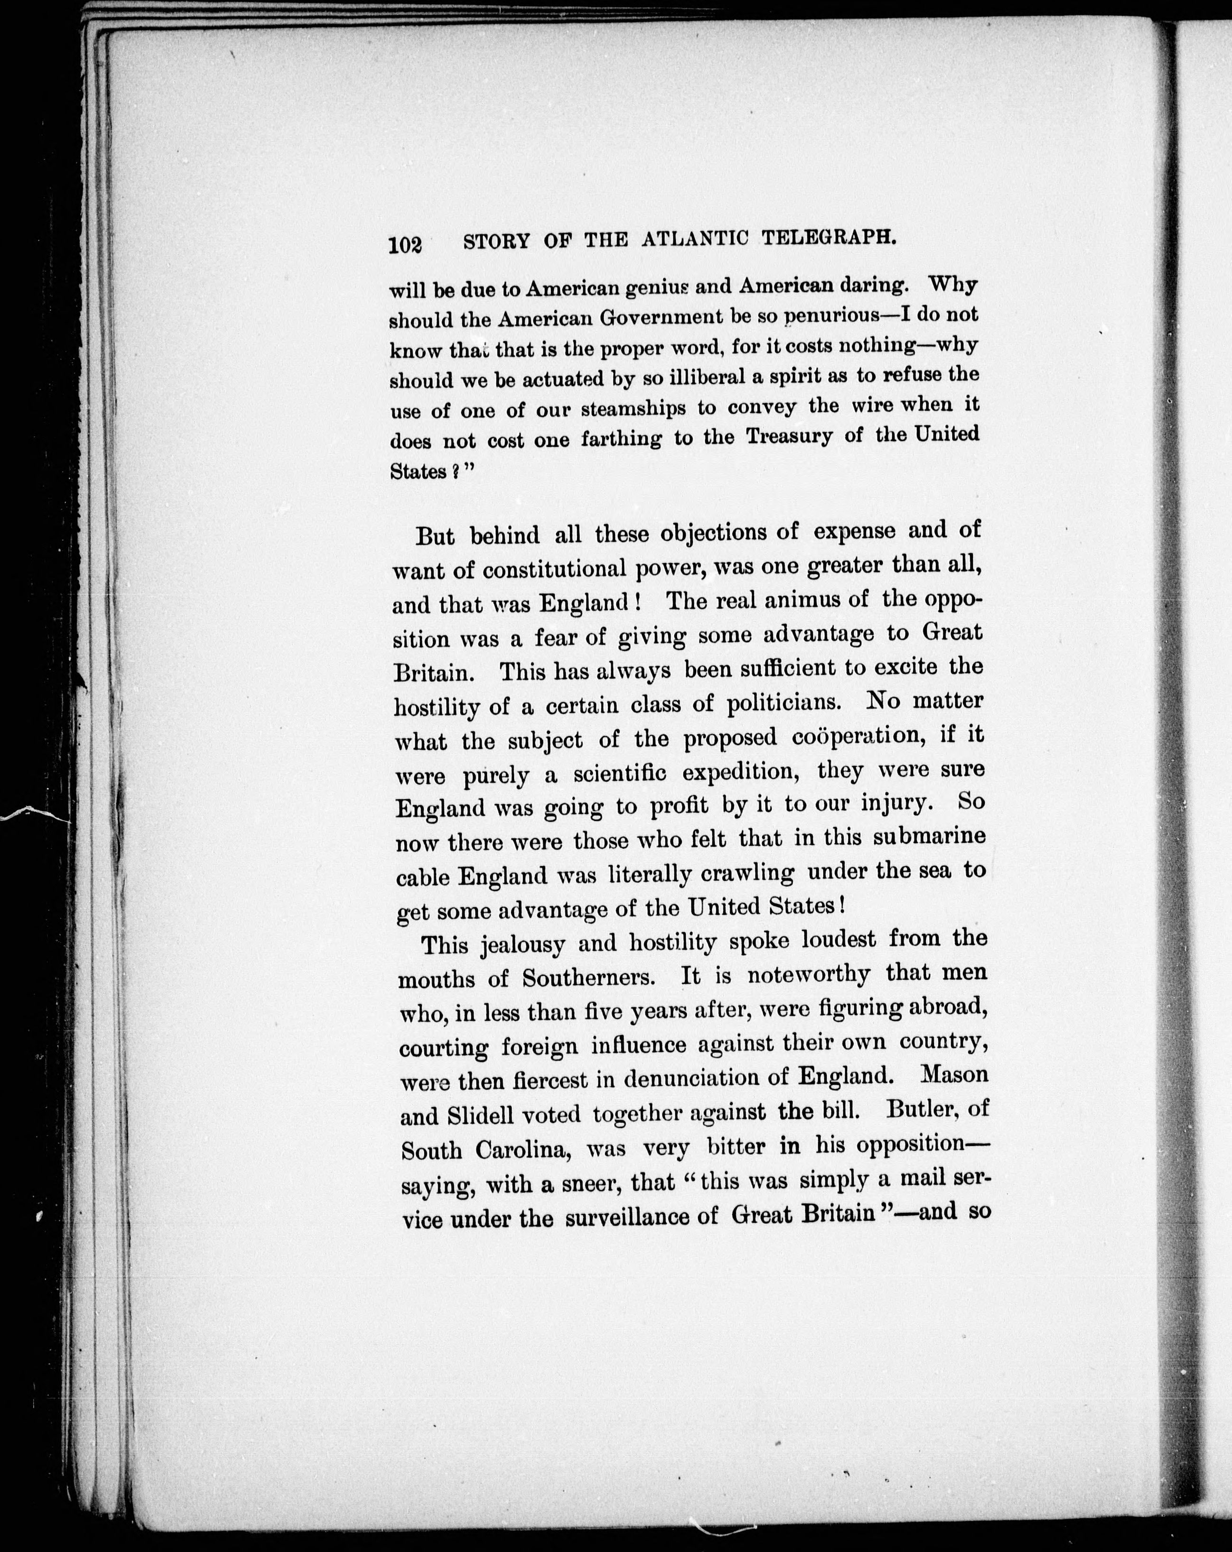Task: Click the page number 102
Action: (405, 246)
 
